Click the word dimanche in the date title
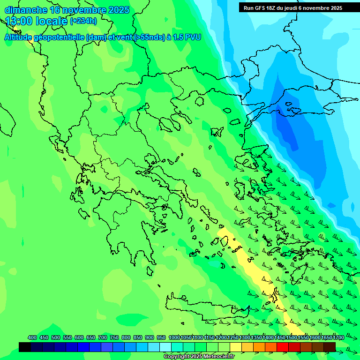coord(25,10)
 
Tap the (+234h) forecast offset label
coord(83,21)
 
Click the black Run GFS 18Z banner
coord(293,8)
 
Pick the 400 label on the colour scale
coord(32,337)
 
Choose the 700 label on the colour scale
coord(103,337)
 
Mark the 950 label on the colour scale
coord(161,337)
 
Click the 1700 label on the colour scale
coord(338,337)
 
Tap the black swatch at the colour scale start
coord(25,347)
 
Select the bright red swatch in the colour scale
coord(283,347)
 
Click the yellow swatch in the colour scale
coord(236,347)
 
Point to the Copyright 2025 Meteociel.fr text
coord(199,357)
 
